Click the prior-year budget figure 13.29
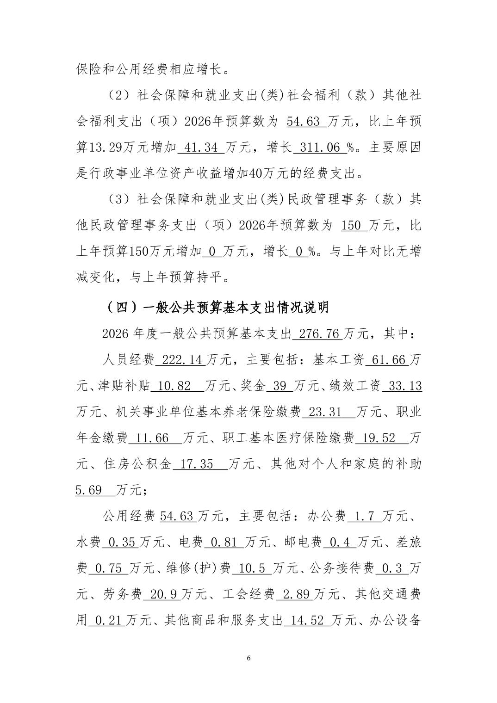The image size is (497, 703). coord(103,148)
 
